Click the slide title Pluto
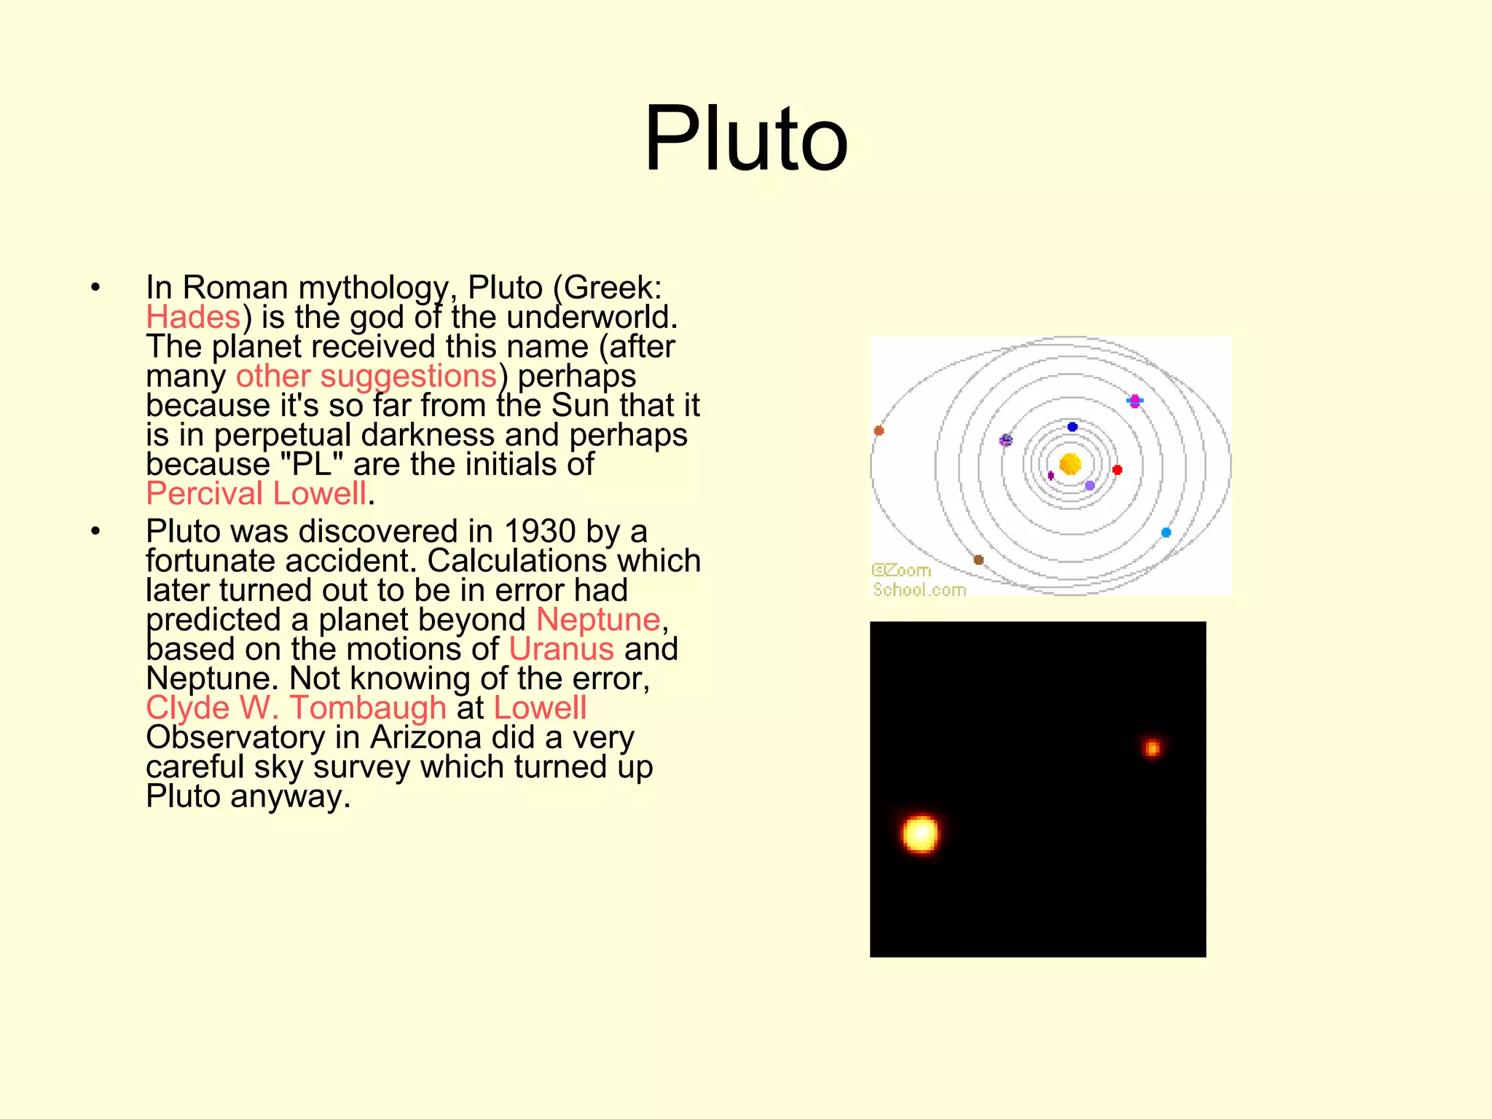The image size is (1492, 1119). [746, 138]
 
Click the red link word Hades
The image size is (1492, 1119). [193, 318]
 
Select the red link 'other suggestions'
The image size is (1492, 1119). [366, 377]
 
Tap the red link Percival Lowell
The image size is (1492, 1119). [256, 494]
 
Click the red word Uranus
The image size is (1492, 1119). [561, 649]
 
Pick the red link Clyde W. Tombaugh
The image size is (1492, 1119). [296, 708]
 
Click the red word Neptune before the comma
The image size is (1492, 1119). [598, 620]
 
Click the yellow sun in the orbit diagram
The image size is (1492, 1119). [1069, 464]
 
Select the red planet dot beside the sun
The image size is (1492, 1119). [1117, 470]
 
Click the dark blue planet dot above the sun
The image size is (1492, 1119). [1072, 427]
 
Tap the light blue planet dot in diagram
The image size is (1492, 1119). [1166, 533]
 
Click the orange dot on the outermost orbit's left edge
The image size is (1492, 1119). [879, 431]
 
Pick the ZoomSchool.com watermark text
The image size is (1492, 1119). [918, 581]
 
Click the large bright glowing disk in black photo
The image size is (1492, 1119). [920, 833]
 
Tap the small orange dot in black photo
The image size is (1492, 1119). [1152, 747]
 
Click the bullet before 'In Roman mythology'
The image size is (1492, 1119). [95, 288]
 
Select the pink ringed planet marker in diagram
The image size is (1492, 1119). [1134, 401]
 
